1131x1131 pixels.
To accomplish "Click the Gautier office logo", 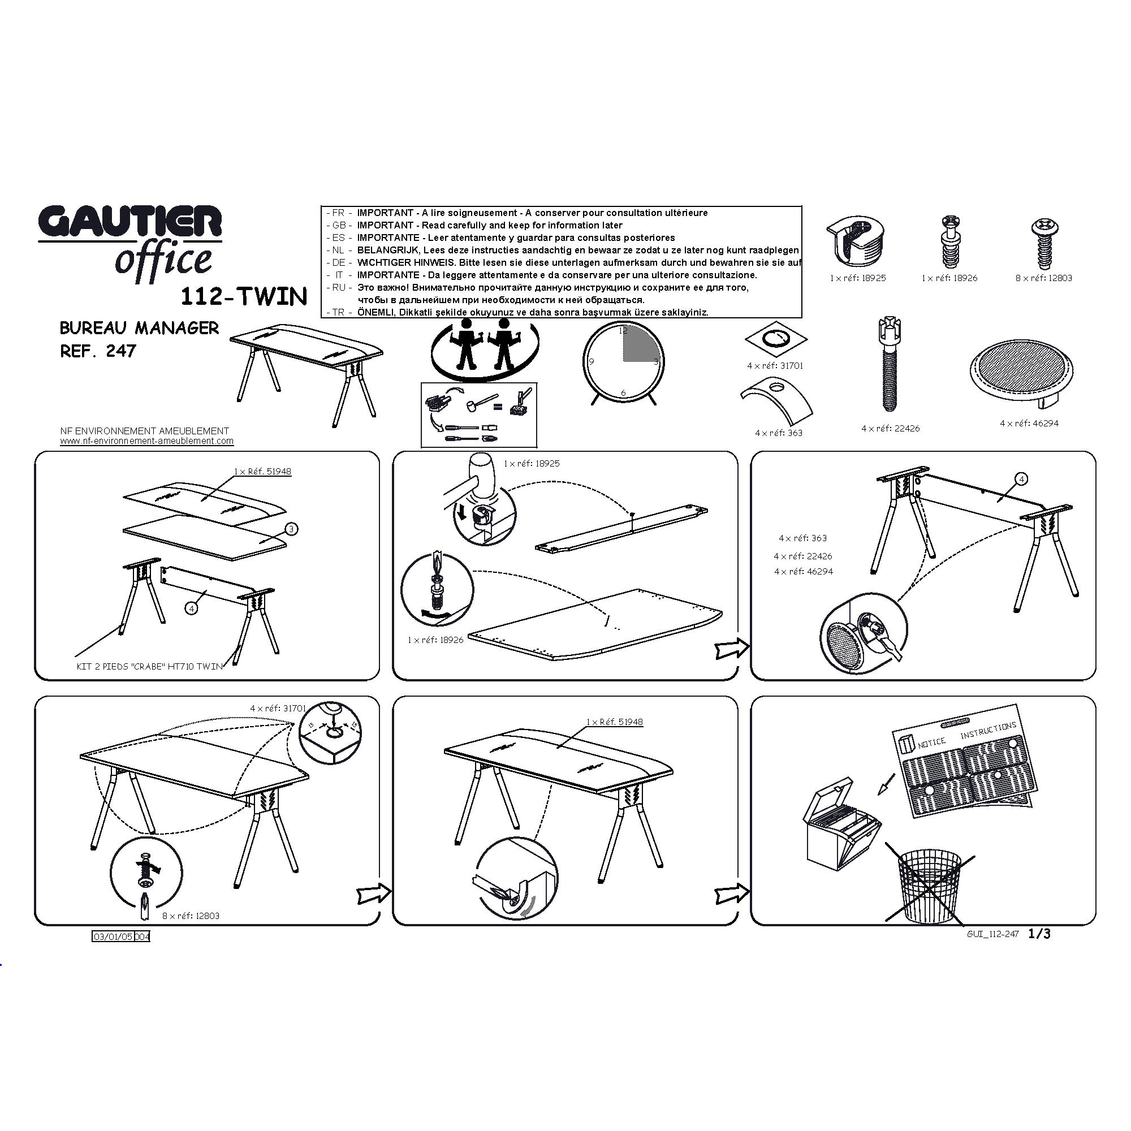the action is coord(130,243).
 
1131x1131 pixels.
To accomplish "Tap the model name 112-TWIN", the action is coord(244,297).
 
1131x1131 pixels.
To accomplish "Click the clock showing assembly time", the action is coord(623,363).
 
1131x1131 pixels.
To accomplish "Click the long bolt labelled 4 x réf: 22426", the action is coord(888,364).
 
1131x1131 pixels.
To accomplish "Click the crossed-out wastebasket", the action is coord(930,883).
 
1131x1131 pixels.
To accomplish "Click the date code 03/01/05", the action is coord(113,936).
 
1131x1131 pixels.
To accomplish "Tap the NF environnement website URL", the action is coord(147,442).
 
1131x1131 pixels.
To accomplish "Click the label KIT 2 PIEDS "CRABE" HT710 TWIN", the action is coord(150,666).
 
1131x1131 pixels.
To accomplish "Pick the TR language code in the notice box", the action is coord(338,313).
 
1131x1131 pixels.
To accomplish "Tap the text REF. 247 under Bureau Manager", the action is coord(98,351).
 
